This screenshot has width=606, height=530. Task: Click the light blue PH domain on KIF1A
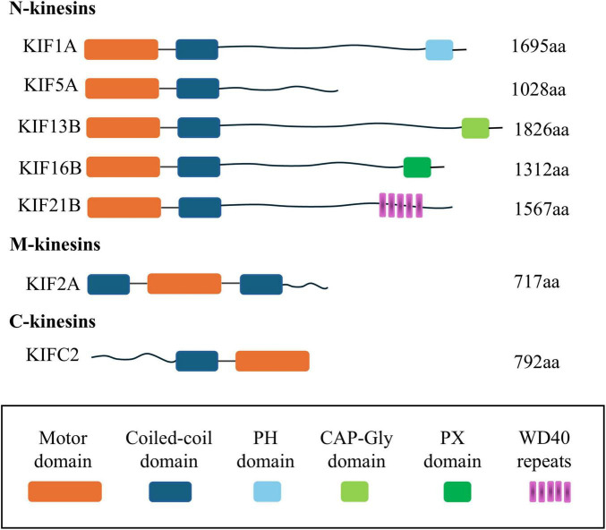click(439, 50)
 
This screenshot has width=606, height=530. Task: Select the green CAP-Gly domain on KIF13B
click(475, 128)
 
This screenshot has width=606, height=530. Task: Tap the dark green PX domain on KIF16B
click(417, 167)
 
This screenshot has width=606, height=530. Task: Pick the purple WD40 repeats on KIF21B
click(400, 206)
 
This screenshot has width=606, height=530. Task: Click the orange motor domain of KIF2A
click(184, 284)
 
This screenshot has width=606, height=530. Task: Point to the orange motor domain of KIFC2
click(272, 361)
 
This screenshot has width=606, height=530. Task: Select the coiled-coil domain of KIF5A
click(197, 89)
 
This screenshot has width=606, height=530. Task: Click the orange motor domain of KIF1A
click(122, 50)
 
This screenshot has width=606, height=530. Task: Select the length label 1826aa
click(542, 129)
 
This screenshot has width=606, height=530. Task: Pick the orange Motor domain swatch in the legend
click(64, 491)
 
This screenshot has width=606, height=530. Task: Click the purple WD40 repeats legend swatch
click(550, 492)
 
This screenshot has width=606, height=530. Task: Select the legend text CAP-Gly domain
click(356, 449)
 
